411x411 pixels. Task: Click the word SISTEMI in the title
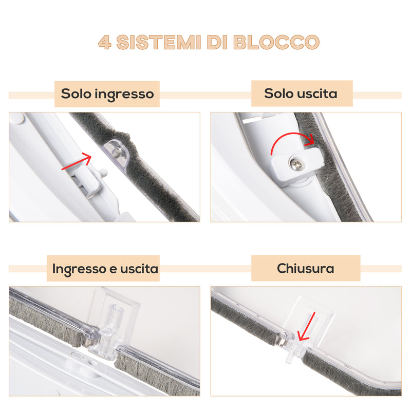(159, 42)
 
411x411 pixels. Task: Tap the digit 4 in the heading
(105, 42)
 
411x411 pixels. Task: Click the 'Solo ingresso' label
(107, 94)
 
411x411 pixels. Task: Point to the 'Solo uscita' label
(301, 94)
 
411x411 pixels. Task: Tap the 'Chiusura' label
(305, 268)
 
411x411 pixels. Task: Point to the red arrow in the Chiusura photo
(305, 327)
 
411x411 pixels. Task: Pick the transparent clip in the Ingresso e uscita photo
(110, 326)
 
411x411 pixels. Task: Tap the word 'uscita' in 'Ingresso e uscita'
(139, 268)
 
